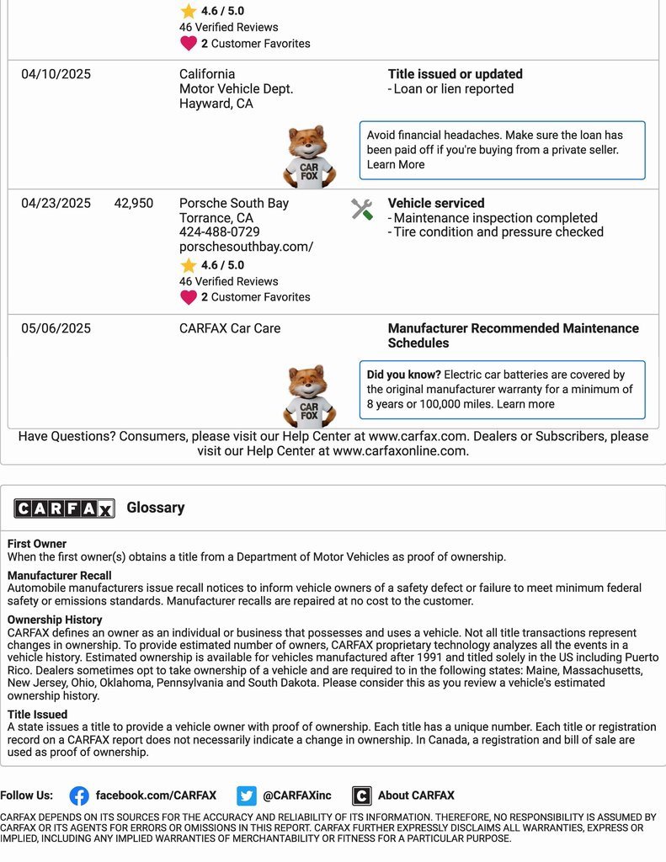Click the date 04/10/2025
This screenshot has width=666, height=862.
[x=56, y=74]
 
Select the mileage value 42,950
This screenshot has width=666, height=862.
[x=134, y=203]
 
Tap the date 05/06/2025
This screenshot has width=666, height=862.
[x=56, y=328]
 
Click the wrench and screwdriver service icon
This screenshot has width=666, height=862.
[x=362, y=210]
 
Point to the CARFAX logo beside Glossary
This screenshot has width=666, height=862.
[x=64, y=508]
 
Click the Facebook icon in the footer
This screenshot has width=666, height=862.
[x=79, y=795]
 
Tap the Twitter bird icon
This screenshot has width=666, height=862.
[x=247, y=795]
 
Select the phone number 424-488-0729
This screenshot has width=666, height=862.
[x=219, y=232]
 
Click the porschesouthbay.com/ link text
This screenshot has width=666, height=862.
[x=246, y=247]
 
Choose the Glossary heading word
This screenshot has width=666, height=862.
[x=156, y=508]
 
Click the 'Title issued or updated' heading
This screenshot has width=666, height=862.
[x=455, y=74]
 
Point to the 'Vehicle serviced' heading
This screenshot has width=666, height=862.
[x=436, y=203]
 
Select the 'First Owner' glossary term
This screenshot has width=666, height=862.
[x=37, y=544]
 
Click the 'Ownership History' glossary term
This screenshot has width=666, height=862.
[x=55, y=620]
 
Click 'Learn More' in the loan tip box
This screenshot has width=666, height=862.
[x=396, y=164]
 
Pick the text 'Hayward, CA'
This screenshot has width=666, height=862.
[x=216, y=104]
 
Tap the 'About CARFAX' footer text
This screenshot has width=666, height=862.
[x=416, y=795]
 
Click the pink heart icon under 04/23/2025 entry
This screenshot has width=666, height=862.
[x=189, y=297]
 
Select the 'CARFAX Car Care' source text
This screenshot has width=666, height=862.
[x=230, y=328]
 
